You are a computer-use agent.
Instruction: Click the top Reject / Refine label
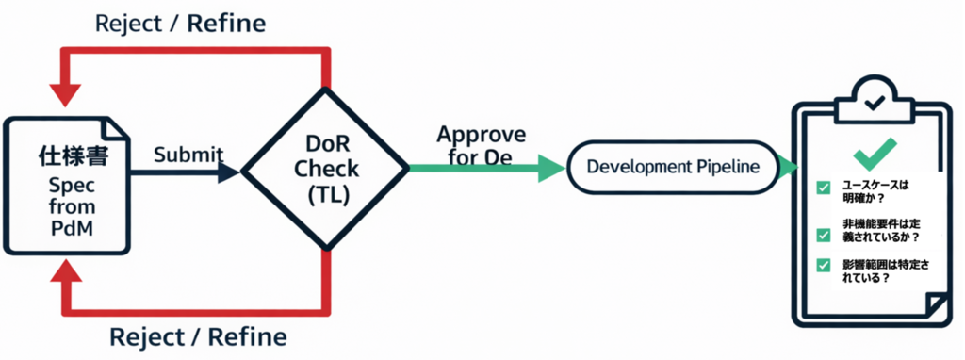180,24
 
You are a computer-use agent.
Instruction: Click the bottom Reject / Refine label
198,337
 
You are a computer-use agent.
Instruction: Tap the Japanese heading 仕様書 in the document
74,156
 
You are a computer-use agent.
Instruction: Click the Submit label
188,155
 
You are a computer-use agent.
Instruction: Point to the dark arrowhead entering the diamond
229,172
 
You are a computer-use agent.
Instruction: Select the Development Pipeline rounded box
672,167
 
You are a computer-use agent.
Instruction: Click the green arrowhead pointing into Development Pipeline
552,168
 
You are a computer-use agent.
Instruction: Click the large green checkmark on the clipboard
875,154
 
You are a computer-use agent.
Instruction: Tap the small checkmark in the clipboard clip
875,101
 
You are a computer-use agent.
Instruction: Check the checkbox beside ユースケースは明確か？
823,188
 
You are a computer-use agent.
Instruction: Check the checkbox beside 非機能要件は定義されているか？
823,235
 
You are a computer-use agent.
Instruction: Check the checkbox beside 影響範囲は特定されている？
823,265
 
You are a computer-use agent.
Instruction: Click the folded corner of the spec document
113,128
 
